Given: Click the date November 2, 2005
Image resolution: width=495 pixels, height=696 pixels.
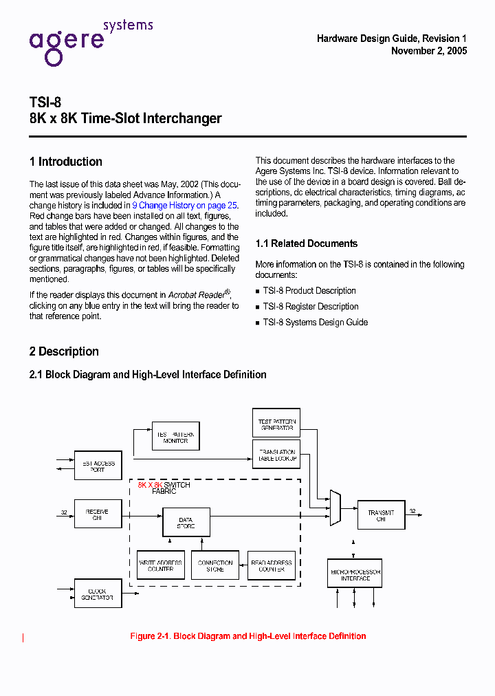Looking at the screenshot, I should click(x=428, y=51).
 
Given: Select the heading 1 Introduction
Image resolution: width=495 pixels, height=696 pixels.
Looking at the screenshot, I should click(x=66, y=162).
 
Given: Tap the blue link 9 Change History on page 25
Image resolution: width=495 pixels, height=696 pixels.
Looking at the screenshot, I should click(x=184, y=205).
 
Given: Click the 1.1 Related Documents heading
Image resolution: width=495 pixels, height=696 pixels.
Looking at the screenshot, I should click(x=306, y=243).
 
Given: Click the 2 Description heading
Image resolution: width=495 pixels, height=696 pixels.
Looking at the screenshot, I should click(x=64, y=351).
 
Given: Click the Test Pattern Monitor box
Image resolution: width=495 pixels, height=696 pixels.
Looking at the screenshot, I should click(x=175, y=436).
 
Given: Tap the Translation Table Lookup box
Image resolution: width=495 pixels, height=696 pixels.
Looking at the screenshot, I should click(x=276, y=455).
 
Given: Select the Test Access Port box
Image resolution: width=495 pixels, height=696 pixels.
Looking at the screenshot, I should click(x=98, y=466).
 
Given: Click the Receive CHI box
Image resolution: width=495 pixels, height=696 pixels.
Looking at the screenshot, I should click(x=98, y=514).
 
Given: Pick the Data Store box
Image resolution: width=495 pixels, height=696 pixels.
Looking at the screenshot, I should click(x=186, y=523).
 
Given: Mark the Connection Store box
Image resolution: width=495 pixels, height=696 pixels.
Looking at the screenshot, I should click(x=215, y=565).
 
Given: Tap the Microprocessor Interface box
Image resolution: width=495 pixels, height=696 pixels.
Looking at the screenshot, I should click(x=355, y=575).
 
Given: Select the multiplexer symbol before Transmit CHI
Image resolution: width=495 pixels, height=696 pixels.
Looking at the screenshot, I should click(x=335, y=508).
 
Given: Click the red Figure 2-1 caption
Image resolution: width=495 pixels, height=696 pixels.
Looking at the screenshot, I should click(x=247, y=636).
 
